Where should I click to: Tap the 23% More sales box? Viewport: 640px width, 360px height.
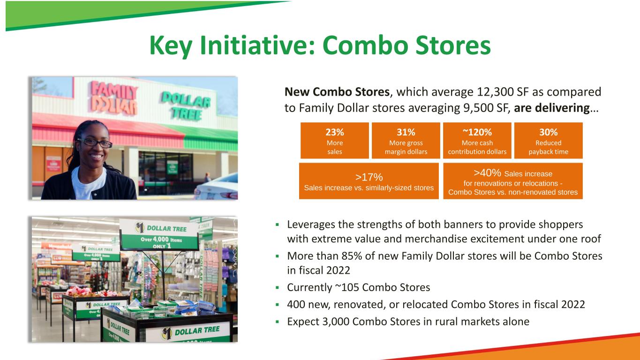tap(335, 141)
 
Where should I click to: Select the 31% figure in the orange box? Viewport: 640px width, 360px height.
tap(406, 132)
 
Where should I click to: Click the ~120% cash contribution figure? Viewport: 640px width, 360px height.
tap(477, 132)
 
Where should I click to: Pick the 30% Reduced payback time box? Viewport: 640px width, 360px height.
tap(548, 141)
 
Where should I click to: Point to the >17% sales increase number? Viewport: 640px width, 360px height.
tap(369, 177)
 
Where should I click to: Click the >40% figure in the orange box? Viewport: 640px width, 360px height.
tap(487, 173)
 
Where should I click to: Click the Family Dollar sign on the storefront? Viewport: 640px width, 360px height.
tap(114, 97)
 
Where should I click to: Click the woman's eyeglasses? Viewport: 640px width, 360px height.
tap(95, 143)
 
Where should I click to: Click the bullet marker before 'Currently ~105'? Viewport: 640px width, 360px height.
tap(277, 288)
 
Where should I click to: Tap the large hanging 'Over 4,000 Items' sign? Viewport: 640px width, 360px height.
tap(159, 235)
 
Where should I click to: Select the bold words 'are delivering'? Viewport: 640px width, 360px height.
tap(552, 108)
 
